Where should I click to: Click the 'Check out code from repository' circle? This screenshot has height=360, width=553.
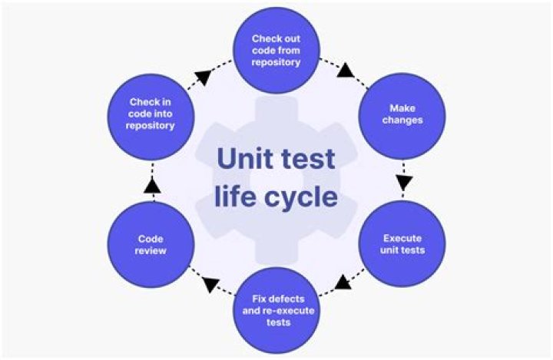276,50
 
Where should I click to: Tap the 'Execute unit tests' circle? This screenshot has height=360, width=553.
402,243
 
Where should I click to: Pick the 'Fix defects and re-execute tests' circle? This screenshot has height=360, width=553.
276,309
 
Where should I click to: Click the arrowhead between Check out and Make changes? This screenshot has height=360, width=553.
346,72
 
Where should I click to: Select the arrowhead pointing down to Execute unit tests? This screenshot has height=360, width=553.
404,183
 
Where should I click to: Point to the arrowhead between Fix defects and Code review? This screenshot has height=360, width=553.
208,286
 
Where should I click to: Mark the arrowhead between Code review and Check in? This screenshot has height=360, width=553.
152,185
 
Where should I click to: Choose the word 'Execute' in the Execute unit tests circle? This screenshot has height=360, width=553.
402,238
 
